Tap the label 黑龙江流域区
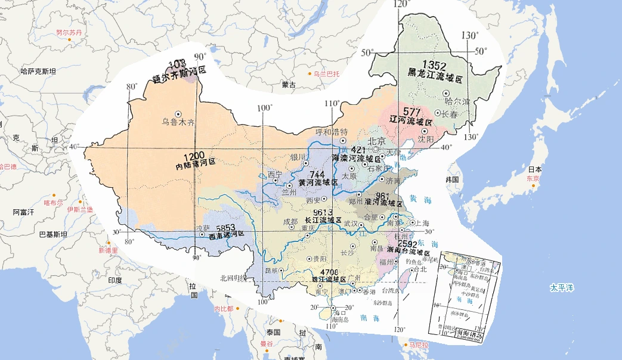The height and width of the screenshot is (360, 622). (x=435, y=77)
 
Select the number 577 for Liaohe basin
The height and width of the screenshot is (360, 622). (x=412, y=111)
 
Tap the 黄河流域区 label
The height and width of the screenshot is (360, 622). (x=318, y=182)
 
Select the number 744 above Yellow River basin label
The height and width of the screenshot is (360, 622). (x=317, y=174)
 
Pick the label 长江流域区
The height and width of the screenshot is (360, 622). (x=322, y=220)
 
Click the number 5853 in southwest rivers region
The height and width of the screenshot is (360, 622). (x=227, y=228)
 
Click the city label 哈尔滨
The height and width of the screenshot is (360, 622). (x=458, y=101)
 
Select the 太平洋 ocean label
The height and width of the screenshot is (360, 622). (x=561, y=288)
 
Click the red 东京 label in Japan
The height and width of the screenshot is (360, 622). (x=534, y=178)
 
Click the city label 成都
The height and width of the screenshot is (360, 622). (x=290, y=221)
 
